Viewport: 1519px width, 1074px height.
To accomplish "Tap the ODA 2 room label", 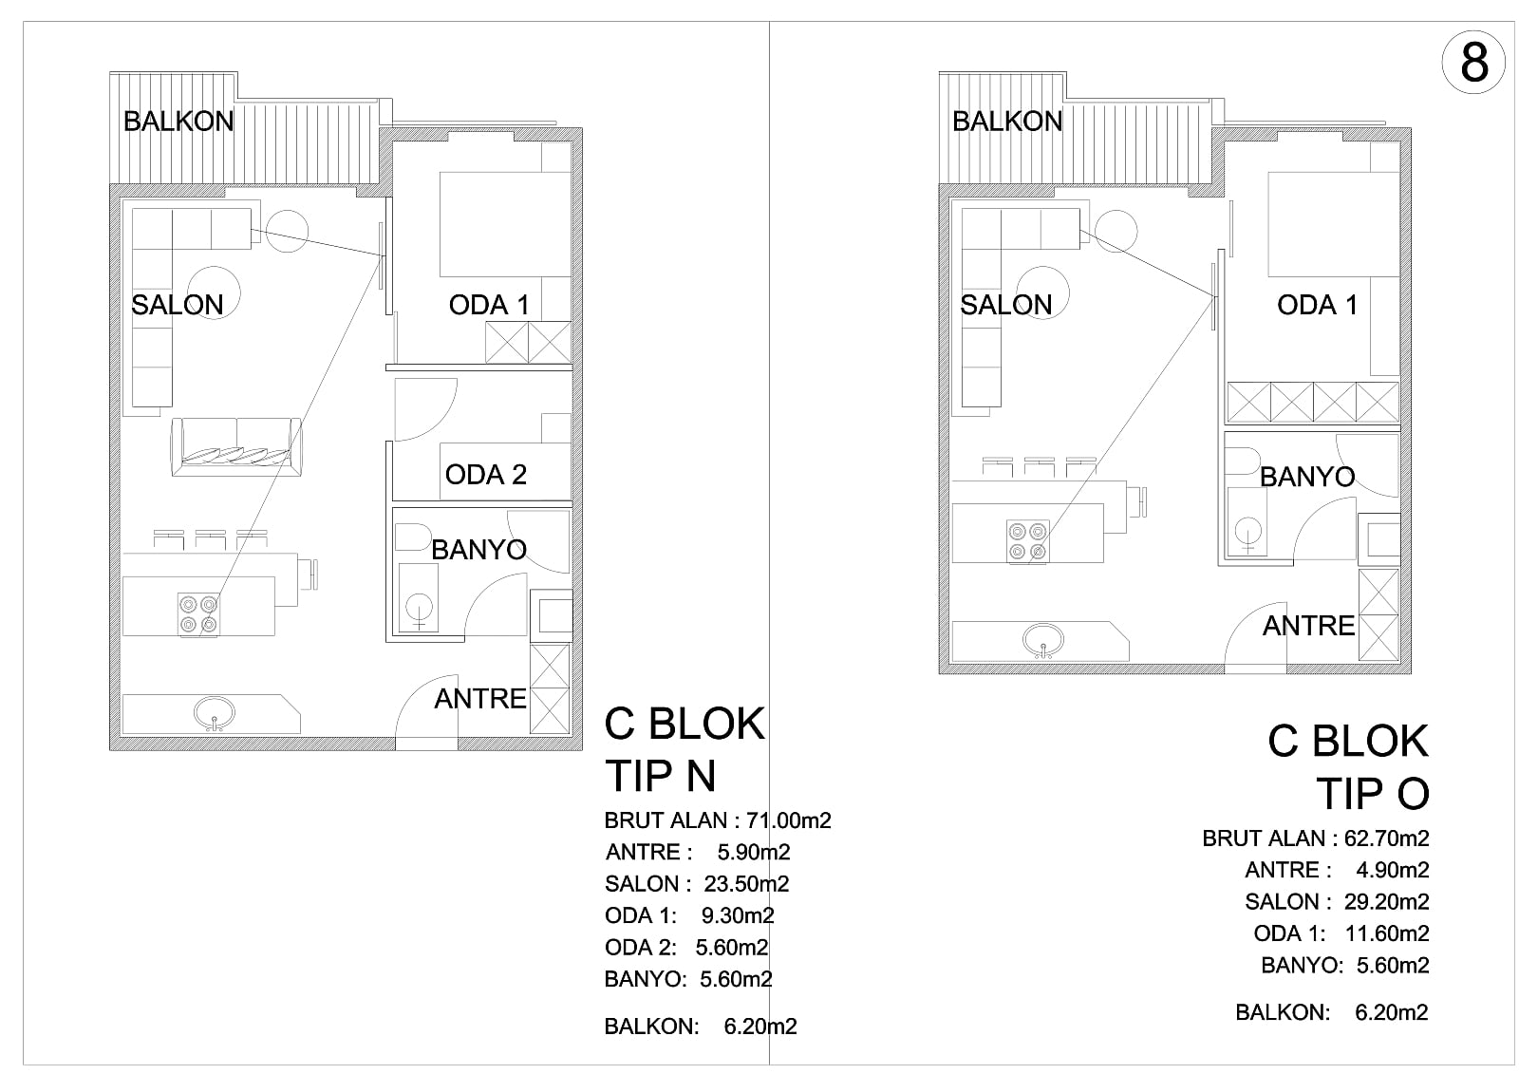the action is point(485,475).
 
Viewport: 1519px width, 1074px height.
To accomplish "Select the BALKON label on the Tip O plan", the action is point(1007,122).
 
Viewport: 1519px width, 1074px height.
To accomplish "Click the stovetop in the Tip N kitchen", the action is point(198,614).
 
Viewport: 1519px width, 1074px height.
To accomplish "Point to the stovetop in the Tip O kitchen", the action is point(1028,541).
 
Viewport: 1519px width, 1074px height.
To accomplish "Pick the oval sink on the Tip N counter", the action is point(215,713).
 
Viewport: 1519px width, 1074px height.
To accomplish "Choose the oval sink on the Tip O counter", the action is point(1043,640).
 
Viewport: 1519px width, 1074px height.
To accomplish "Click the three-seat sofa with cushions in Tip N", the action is point(236,446).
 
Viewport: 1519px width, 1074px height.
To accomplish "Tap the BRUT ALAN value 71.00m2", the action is point(788,821).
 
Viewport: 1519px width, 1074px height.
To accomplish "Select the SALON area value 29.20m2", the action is point(1386,902).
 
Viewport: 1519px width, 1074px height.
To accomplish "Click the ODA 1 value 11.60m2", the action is point(1387,933).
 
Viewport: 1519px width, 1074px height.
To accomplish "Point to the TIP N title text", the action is point(661,776).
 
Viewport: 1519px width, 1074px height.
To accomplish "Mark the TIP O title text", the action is point(1373,793).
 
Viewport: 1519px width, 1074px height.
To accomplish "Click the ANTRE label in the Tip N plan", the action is point(480,699).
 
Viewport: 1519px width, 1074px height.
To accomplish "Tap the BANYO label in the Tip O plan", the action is point(1306,477).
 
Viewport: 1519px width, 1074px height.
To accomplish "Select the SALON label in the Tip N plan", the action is point(177,306).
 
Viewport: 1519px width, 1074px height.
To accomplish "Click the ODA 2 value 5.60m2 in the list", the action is point(732,947).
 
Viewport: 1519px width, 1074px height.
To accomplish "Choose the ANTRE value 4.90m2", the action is point(1392,870).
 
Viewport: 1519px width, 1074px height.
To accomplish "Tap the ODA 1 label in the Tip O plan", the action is point(1317,306).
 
